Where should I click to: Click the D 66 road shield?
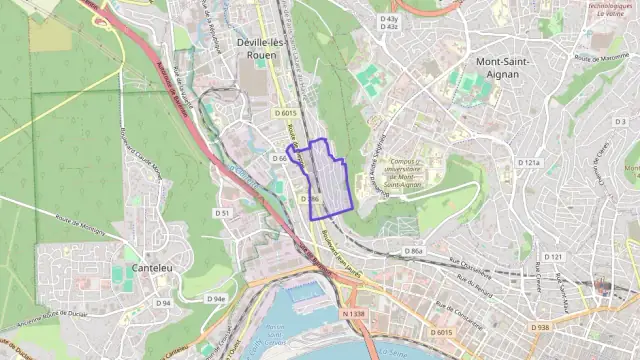coord(279,158)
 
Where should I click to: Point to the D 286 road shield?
coord(309,199)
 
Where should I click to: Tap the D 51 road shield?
coord(223,213)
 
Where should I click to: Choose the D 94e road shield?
coord(216,298)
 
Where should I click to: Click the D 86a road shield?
coord(414,250)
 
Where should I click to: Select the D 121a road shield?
coord(529,162)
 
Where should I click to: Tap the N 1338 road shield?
coord(354,314)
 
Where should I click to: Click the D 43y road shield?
coord(388,19)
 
